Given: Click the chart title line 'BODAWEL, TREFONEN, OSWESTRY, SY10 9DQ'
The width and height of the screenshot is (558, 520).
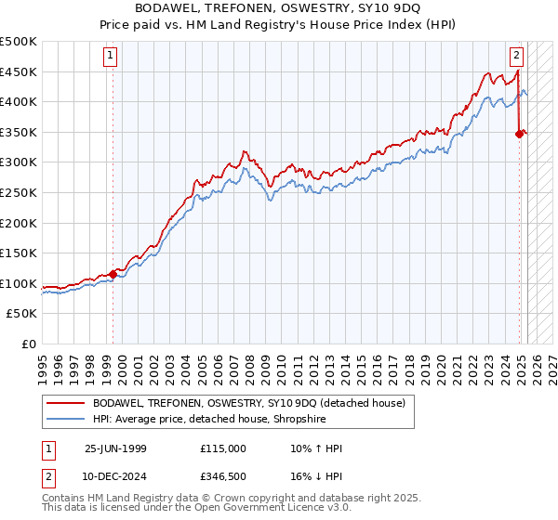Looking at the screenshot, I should pos(278,8).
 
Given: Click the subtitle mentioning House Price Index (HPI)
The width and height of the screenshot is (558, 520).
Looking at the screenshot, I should pos(278,24).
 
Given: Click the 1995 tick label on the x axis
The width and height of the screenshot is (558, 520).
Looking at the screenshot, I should pos(43,362).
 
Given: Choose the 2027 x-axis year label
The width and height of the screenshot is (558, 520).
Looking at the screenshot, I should pos(551,362).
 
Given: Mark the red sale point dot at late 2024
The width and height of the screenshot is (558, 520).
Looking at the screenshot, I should pos(519,134).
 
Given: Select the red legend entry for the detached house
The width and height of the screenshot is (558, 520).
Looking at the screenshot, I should pos(248,403).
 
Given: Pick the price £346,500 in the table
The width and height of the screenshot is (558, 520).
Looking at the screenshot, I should pos(223,474).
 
